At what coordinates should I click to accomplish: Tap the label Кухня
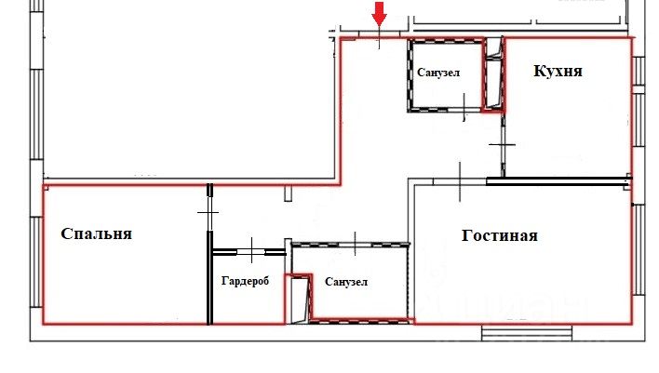coord(558,71)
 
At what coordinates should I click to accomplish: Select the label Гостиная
coord(500,235)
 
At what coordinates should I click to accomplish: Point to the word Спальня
coord(96,233)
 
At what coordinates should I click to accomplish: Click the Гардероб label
coord(245,280)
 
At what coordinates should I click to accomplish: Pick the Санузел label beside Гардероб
coord(346,282)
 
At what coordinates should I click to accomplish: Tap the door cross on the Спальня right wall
coord(208,213)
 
